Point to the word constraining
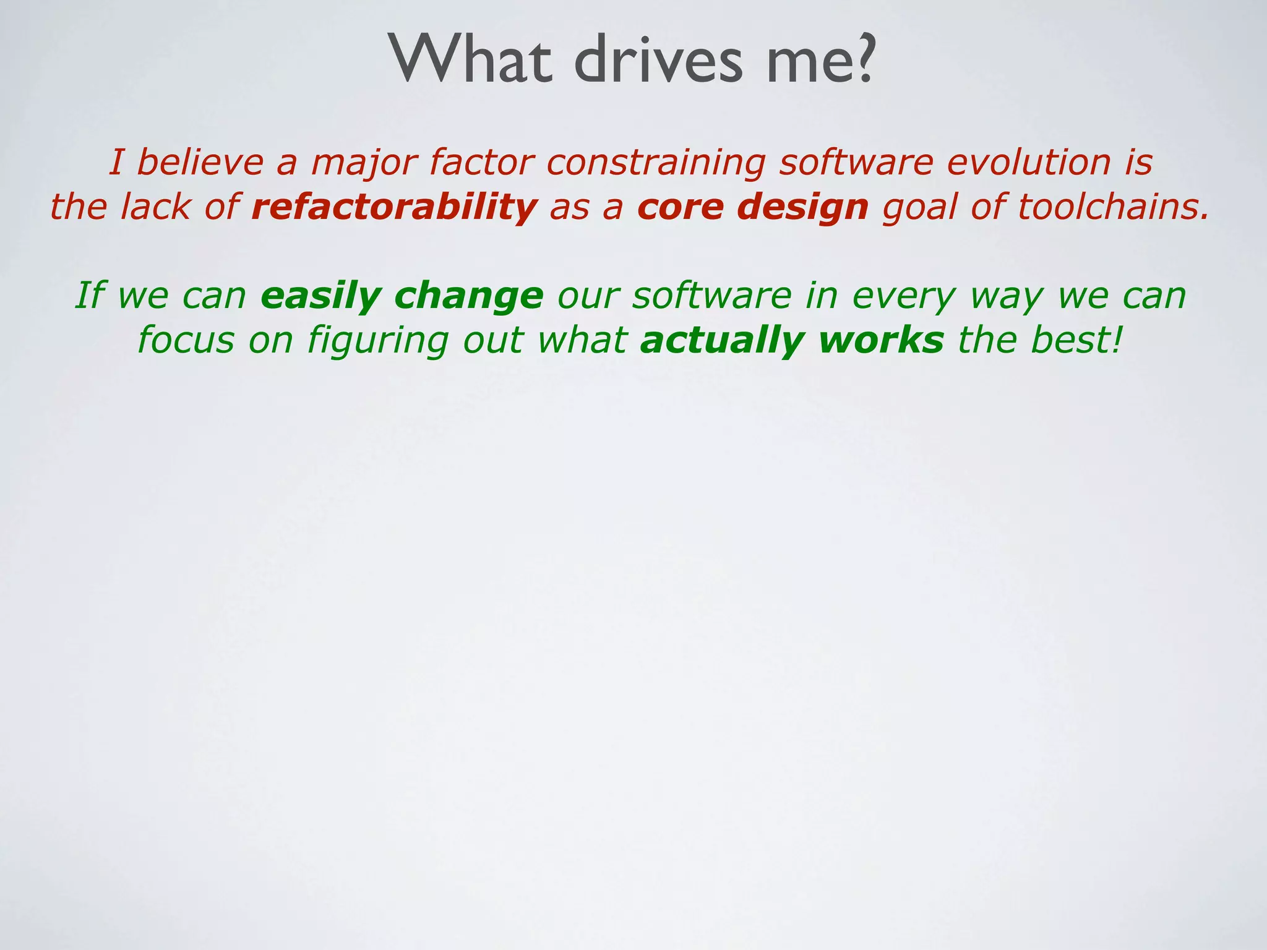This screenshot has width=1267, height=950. [x=655, y=163]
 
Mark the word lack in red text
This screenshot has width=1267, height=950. [x=155, y=207]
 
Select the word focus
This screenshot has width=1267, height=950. [x=186, y=340]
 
